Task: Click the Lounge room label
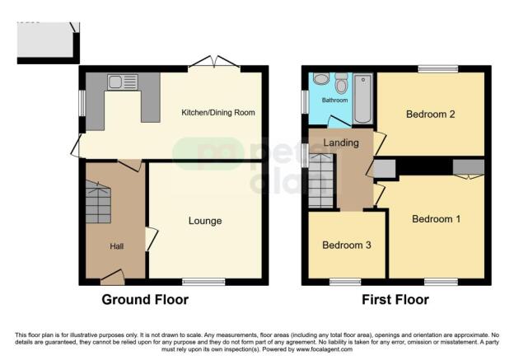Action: point(205,221)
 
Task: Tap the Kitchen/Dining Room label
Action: point(218,112)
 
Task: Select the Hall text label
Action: point(116,246)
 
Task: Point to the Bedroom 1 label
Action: point(437,219)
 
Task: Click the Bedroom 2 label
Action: point(431,115)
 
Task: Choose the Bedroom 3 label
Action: point(346,245)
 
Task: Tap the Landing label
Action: point(340,142)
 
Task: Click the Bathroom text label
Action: point(334,101)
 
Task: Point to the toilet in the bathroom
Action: point(321,79)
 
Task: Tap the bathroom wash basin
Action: point(341,82)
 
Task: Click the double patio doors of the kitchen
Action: point(213,63)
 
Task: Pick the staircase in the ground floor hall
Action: point(98,204)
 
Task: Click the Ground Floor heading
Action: point(144,300)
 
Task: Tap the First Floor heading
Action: point(395,300)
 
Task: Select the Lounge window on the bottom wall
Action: point(203,282)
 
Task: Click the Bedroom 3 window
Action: point(345,282)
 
